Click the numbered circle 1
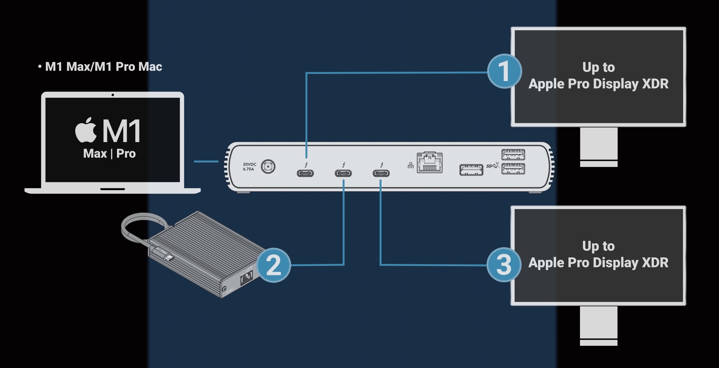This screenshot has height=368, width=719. coord(504,71)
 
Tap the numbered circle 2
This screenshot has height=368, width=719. coord(274,265)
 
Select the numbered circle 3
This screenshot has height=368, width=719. coord(504,265)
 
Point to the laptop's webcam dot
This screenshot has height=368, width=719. coord(113,95)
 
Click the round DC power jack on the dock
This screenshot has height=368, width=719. coord(268,167)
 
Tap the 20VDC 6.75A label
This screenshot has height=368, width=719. coord(249,167)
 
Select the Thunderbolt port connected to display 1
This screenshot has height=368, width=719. coord(305,173)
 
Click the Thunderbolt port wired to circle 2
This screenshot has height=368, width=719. coord(343,173)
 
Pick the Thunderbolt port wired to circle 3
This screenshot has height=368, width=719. coord(381,173)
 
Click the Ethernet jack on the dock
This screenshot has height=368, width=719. coord(430,163)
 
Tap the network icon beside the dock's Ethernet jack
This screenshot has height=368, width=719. coord(410,165)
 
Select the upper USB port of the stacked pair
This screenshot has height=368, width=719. coord(513,154)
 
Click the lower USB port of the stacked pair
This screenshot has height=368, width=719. coord(513,169)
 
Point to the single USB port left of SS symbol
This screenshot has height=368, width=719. coord(471,170)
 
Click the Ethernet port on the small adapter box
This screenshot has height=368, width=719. coord(246,277)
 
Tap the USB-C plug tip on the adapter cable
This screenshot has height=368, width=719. coord(170,258)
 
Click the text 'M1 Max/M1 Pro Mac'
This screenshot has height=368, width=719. coord(103,67)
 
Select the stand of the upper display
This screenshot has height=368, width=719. coord(599,146)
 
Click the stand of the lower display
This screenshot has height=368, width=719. coord(599,325)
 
